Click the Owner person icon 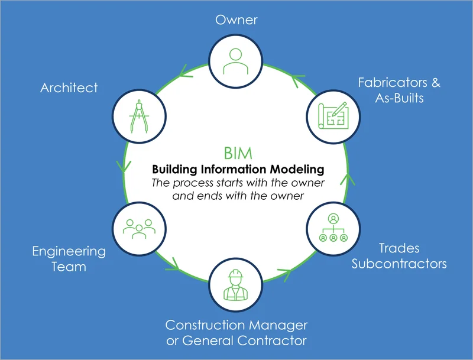point(237,57)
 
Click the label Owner point(237,20)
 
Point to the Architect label point(69,88)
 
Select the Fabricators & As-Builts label point(399,90)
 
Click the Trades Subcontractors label point(399,255)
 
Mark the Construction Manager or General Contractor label point(237,333)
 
